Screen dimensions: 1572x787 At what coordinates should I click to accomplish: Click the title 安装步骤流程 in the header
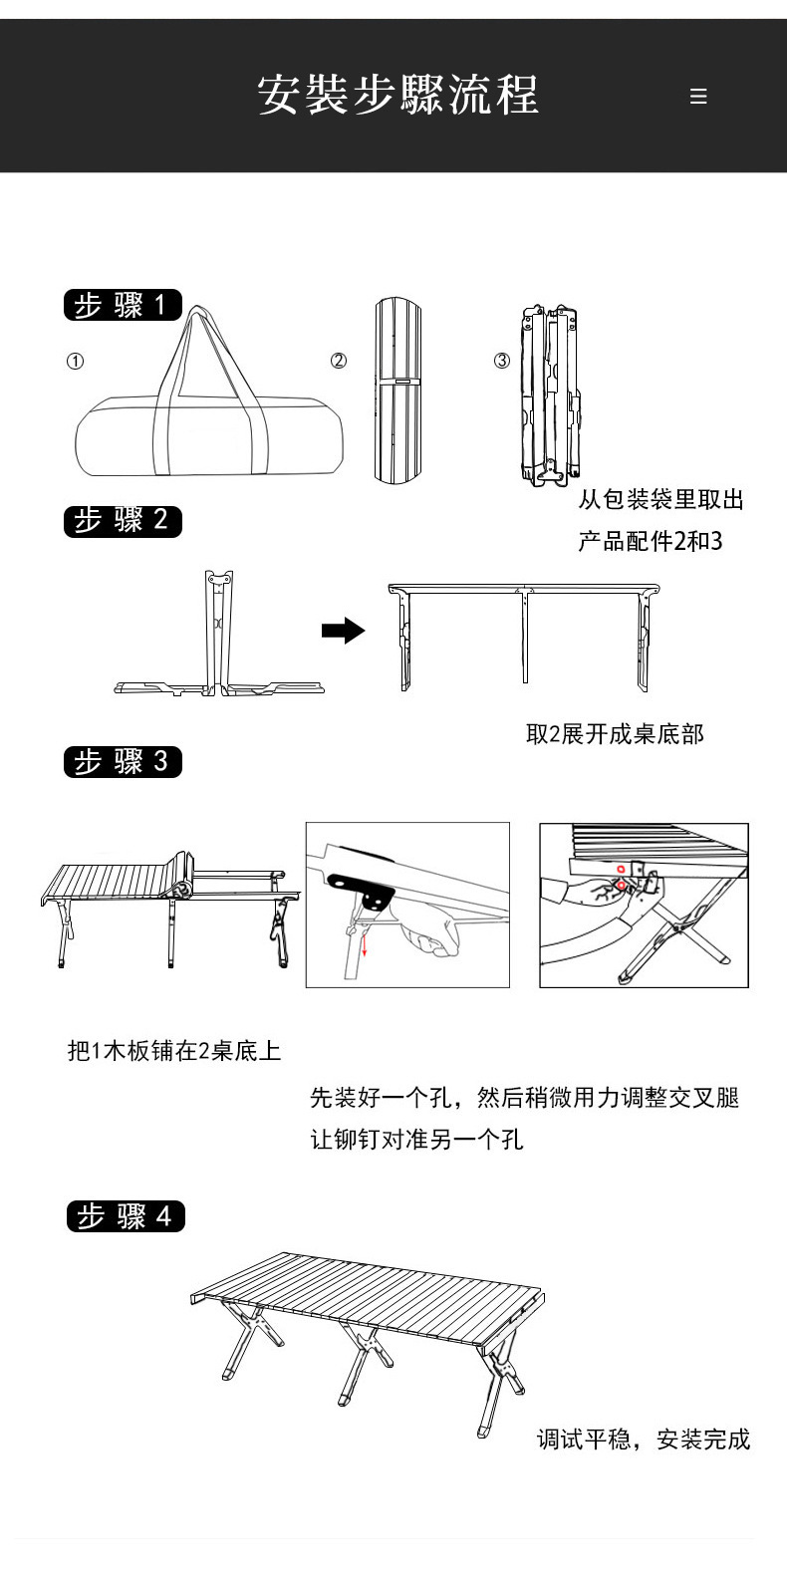(397, 96)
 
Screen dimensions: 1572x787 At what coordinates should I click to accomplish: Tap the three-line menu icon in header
(698, 97)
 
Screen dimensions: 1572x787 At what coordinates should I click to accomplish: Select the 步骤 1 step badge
(123, 305)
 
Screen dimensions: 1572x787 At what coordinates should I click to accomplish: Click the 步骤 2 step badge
(123, 520)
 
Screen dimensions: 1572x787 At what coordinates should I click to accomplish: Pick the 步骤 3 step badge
(123, 762)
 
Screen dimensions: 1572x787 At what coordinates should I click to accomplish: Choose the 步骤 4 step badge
(126, 1216)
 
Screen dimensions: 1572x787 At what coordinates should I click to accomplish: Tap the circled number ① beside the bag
(75, 362)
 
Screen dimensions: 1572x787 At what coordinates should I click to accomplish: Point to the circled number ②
(339, 361)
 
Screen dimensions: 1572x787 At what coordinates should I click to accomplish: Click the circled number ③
(502, 361)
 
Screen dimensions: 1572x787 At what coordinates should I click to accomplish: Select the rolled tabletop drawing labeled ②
(398, 390)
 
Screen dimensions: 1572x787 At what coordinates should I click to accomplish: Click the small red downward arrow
(365, 944)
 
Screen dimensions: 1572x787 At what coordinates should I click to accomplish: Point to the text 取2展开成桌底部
(615, 734)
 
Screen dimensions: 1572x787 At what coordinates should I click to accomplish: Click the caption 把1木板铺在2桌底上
(174, 1050)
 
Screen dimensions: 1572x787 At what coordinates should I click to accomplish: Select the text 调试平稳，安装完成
(644, 1439)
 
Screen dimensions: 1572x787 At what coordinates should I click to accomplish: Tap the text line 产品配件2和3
(651, 541)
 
